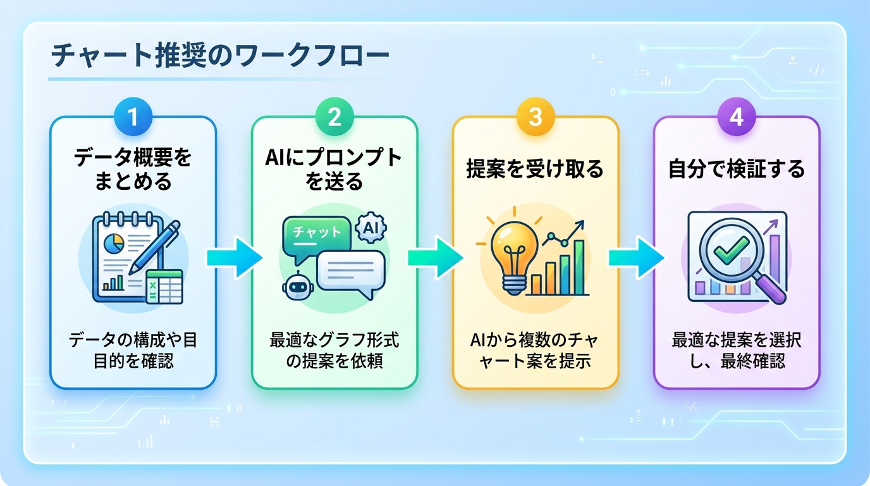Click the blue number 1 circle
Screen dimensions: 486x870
(x=133, y=118)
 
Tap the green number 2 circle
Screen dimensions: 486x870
(x=334, y=118)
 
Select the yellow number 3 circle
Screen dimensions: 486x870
(x=536, y=118)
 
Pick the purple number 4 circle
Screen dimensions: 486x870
(x=737, y=118)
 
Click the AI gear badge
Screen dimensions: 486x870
(x=370, y=228)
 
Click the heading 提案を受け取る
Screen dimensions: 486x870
(x=535, y=170)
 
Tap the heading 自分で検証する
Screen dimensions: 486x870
(x=737, y=170)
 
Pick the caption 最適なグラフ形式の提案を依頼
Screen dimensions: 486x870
(x=334, y=351)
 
